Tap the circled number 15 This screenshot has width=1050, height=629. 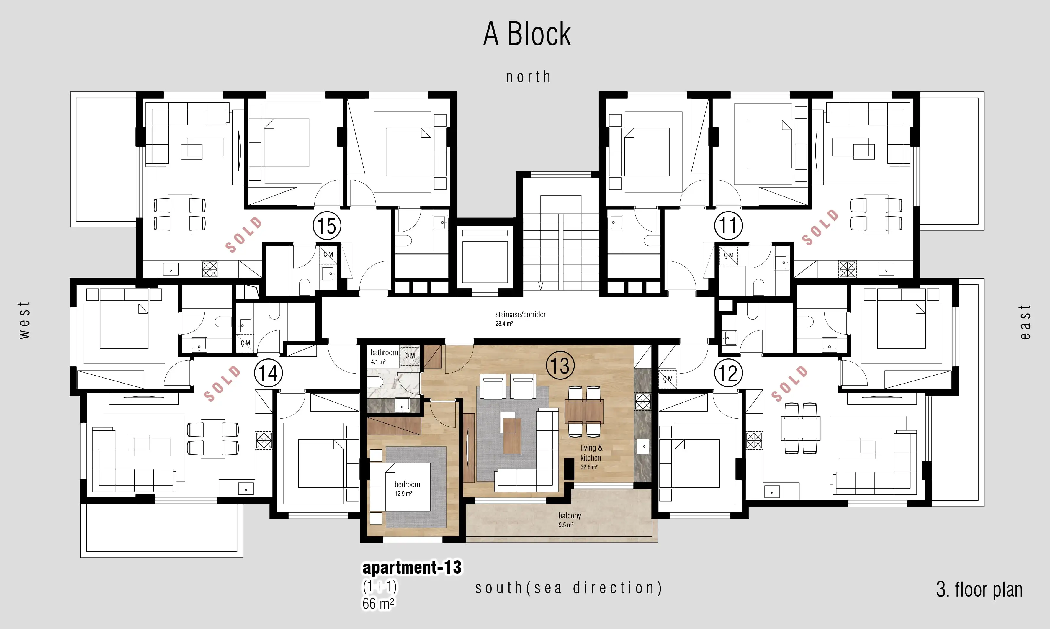point(327,226)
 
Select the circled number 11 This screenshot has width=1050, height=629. point(728,225)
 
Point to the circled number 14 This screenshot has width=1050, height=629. point(268,373)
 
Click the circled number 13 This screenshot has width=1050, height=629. point(560,365)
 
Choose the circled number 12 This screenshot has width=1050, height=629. point(728,373)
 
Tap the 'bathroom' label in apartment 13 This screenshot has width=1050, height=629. point(384,352)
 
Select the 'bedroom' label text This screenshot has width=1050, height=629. point(407,484)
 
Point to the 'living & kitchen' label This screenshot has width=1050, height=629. point(591,453)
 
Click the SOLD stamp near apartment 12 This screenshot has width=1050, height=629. point(789,384)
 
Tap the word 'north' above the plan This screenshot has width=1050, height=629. point(528,77)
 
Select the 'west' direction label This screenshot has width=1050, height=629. point(24,320)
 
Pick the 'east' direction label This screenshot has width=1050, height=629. point(1025,322)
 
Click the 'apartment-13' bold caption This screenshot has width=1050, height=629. point(412,568)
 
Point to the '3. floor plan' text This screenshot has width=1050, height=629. point(979,589)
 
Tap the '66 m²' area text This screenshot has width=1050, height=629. point(378,603)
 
